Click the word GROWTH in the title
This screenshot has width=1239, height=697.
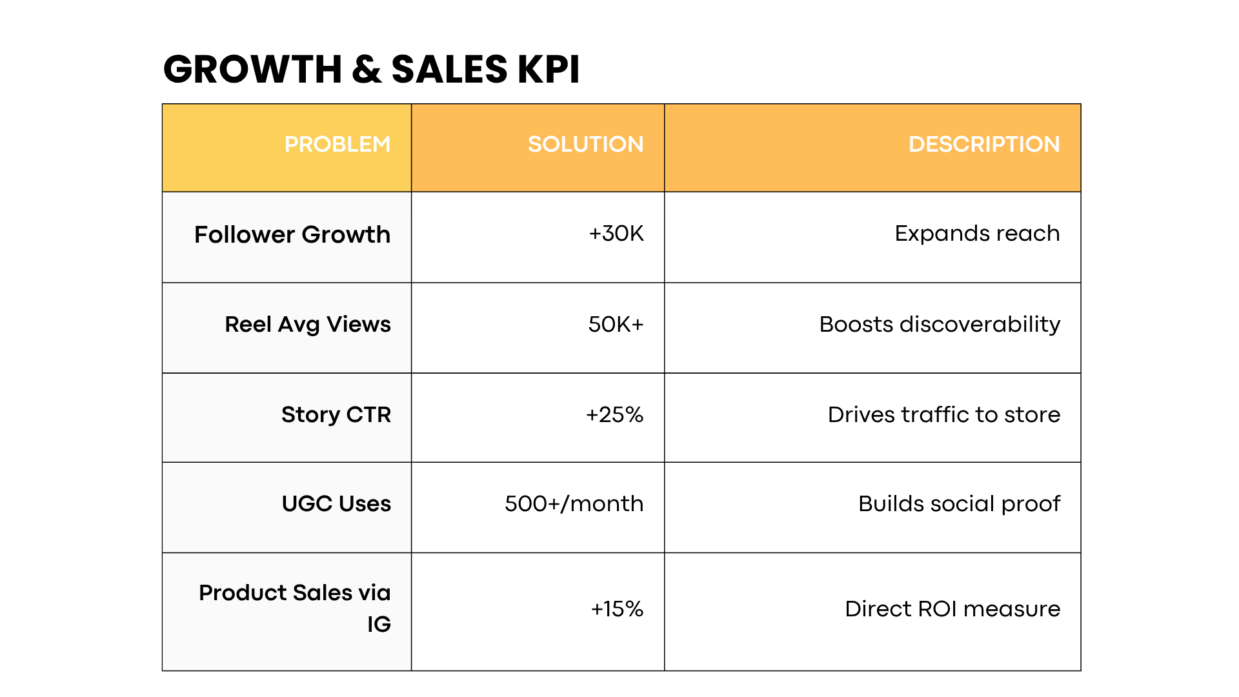(x=252, y=70)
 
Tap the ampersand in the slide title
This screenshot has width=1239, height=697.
(x=367, y=70)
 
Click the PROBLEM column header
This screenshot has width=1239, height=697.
(x=337, y=145)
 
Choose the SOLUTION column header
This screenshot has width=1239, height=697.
(x=585, y=145)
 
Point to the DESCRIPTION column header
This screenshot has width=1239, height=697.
(x=983, y=145)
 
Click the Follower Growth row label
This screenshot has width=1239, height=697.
(x=292, y=235)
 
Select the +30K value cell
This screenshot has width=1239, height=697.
(x=616, y=234)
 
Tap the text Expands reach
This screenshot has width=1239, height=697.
(x=977, y=234)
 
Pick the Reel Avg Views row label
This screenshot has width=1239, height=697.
(x=308, y=325)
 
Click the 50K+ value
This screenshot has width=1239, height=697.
(x=616, y=325)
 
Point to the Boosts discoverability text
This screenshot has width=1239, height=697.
(x=940, y=325)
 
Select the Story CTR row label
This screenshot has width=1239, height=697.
(x=336, y=415)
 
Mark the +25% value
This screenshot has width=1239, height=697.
(x=614, y=415)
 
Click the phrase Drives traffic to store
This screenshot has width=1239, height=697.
(x=943, y=415)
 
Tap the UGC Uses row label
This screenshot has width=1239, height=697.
(x=336, y=504)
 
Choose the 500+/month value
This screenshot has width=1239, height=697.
(x=574, y=504)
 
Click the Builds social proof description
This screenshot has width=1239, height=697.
(x=959, y=504)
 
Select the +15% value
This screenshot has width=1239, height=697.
(x=617, y=609)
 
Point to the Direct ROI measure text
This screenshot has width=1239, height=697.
(x=952, y=609)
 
